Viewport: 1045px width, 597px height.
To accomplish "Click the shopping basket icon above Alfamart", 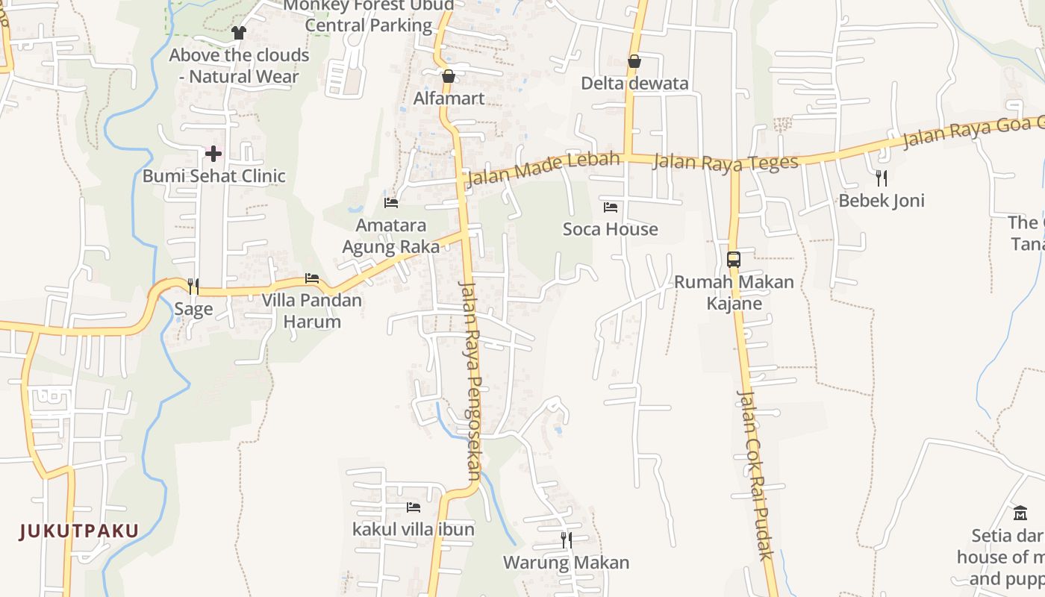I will click(449, 76).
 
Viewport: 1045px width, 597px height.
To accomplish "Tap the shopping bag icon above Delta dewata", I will click(634, 61).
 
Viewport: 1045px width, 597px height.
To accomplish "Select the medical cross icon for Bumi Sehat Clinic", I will click(213, 154).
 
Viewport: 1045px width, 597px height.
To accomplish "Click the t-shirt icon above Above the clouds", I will click(239, 33).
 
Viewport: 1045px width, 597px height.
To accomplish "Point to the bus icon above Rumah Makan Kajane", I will click(734, 260).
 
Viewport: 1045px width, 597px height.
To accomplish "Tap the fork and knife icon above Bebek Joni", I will click(882, 178).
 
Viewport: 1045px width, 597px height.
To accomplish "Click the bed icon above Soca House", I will click(611, 207).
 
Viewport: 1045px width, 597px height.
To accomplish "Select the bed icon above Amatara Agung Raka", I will click(391, 202).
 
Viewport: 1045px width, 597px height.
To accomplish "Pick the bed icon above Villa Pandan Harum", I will click(312, 278).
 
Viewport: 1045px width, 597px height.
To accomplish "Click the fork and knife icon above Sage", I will click(193, 287).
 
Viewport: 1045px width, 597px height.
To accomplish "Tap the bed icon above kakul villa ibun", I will click(414, 507).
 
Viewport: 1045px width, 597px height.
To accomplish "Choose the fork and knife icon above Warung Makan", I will click(567, 540).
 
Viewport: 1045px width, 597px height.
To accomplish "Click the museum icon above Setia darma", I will click(1020, 513).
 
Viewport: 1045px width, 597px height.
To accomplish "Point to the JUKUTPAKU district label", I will click(79, 531).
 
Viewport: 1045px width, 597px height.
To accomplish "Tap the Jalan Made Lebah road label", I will click(543, 169).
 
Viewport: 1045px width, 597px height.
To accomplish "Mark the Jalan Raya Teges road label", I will click(726, 162).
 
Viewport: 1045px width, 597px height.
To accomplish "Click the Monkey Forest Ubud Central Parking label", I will click(369, 16).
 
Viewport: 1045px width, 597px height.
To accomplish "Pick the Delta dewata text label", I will click(634, 84).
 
